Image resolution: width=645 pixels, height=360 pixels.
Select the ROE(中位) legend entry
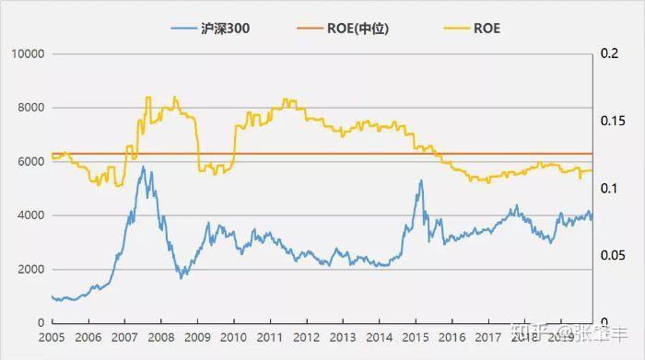click(360, 29)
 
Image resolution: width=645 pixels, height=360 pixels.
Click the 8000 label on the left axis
click(30, 108)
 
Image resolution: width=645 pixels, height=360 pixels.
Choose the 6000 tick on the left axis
click(30, 161)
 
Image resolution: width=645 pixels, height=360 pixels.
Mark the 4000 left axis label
click(30, 215)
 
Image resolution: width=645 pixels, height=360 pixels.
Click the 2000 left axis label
click(30, 269)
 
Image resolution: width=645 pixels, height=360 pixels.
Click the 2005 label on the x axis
click(52, 338)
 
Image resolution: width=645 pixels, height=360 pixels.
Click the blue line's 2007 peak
click(143, 168)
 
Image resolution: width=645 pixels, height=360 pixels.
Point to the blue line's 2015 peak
click(421, 180)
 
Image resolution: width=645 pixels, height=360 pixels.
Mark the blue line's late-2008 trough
click(182, 276)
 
